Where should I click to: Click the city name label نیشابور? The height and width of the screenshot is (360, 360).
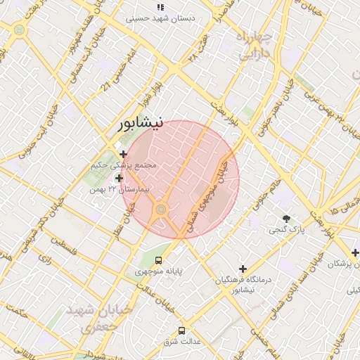click(x=141, y=124)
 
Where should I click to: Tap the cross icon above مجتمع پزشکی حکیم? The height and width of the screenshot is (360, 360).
click(x=124, y=154)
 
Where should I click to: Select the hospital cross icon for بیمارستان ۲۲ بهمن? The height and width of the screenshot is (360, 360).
click(x=119, y=179)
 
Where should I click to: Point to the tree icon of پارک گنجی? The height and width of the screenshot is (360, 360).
click(x=286, y=219)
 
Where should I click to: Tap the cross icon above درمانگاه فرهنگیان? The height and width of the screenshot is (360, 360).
click(x=243, y=269)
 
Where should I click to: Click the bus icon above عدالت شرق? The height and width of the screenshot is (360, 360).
click(x=182, y=330)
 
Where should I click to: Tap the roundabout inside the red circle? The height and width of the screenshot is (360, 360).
click(x=161, y=209)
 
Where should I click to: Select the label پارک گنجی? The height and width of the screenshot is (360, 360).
click(x=285, y=230)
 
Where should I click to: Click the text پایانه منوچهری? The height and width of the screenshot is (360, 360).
click(x=160, y=271)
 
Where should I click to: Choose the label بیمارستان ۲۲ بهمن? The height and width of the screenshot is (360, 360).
click(x=119, y=191)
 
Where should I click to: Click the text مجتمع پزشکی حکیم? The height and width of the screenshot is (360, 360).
click(x=124, y=166)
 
